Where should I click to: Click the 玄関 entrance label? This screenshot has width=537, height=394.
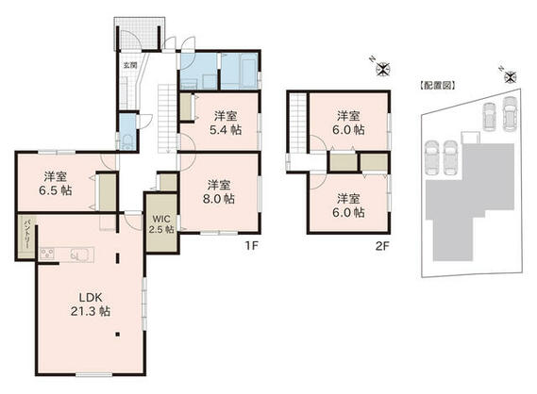pos(129,66)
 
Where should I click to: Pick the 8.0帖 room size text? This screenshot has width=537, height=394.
pos(220,198)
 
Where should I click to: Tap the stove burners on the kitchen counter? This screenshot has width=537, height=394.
pos(49,254)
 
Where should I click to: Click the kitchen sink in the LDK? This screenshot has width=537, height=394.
pos(79,254)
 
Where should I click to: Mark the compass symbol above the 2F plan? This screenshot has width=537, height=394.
pos(382,67)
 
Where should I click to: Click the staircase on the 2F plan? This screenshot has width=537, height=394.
pos(298,123)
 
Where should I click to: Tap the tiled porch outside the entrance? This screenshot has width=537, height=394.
pos(139,34)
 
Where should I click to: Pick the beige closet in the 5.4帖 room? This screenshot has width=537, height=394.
pos(185,108)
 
